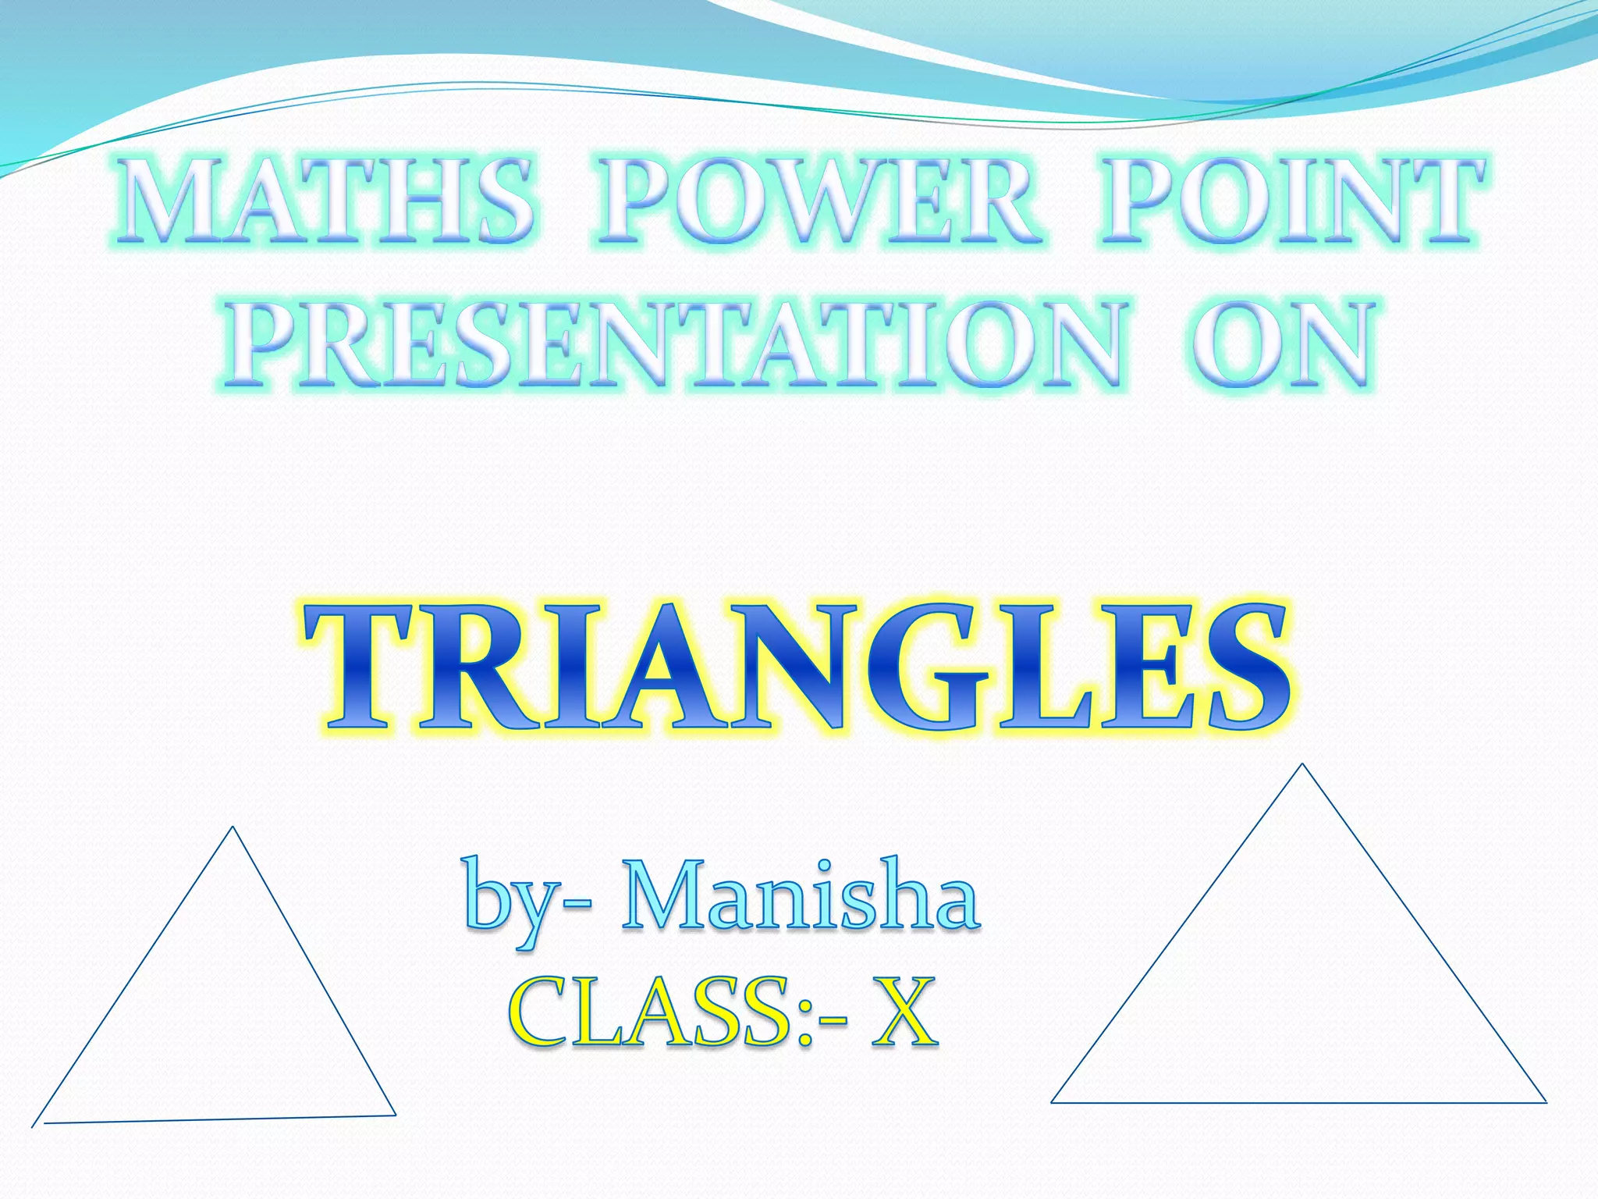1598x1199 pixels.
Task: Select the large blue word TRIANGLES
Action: [796, 668]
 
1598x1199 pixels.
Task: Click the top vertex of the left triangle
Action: [233, 827]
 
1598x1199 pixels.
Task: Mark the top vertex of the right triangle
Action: [1301, 764]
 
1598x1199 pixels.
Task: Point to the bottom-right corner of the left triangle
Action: [395, 1115]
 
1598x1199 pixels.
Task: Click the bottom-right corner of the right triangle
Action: [1546, 1102]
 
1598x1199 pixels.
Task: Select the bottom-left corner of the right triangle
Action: [1052, 1102]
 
